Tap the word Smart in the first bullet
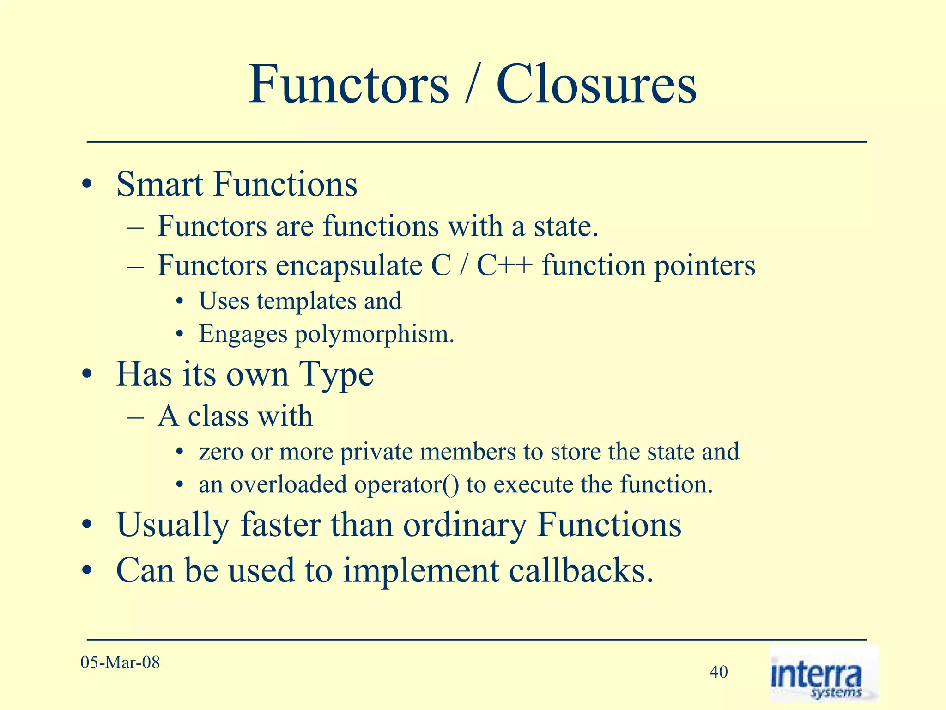(159, 184)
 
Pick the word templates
(306, 301)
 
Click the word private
(376, 452)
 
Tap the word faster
(280, 525)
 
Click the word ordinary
(464, 526)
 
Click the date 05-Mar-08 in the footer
(120, 662)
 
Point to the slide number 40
(718, 672)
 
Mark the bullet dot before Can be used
(86, 572)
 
